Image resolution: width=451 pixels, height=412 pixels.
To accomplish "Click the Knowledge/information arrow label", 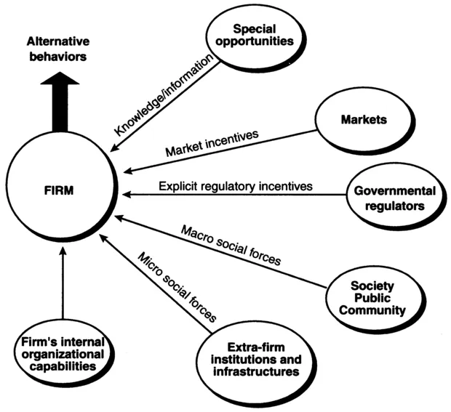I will click(x=167, y=95).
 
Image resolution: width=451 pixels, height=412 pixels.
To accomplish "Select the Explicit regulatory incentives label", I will click(x=236, y=187).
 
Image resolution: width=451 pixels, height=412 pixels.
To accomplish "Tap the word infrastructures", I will click(x=250, y=371).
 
